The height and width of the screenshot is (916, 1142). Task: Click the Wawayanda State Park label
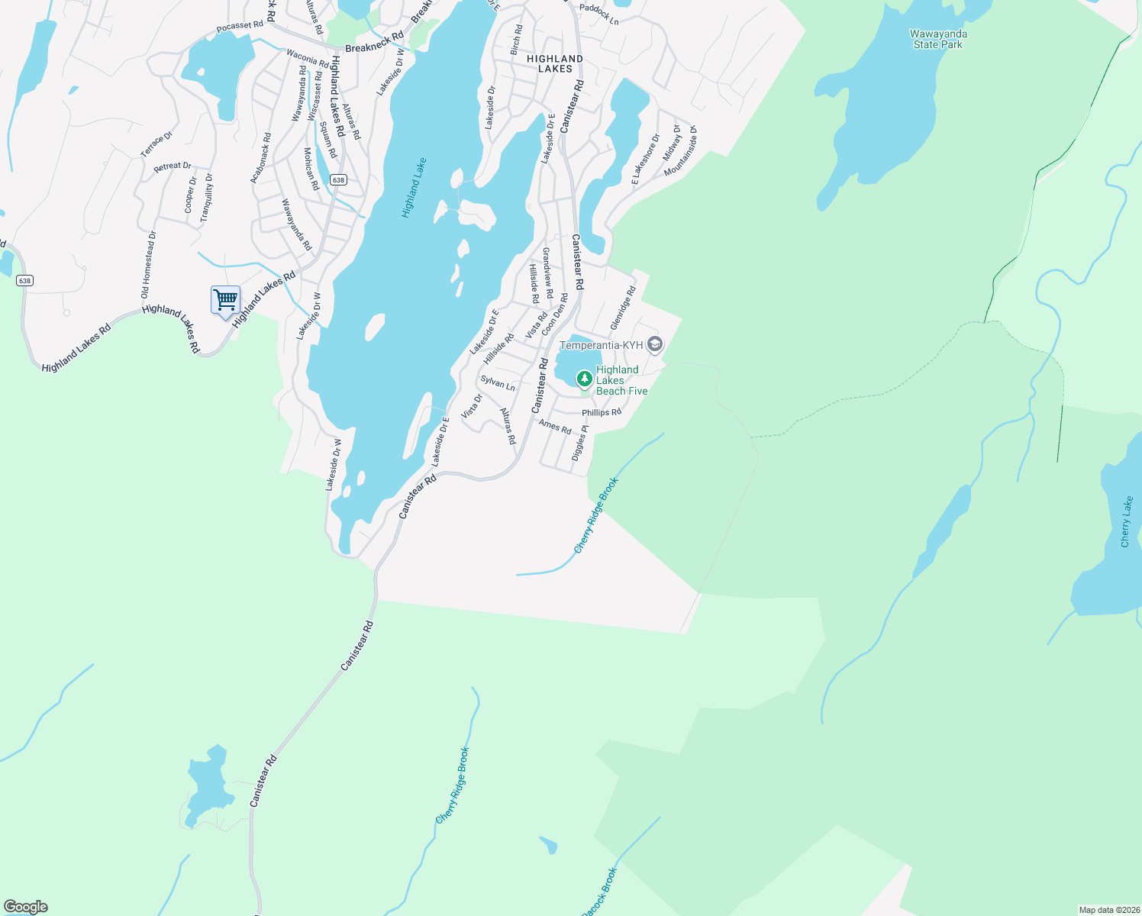(938, 39)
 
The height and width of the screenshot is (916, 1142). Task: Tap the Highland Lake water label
(414, 188)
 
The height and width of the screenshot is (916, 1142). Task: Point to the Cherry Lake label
(1126, 521)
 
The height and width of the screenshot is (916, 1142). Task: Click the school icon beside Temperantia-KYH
(654, 344)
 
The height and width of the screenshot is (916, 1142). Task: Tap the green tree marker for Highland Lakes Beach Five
(584, 379)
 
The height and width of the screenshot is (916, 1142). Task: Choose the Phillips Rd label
(602, 412)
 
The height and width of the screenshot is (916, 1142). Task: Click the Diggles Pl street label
(580, 443)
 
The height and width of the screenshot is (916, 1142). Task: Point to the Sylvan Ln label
(498, 382)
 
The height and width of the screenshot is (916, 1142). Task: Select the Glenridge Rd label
(623, 308)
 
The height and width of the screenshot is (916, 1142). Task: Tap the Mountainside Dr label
(681, 151)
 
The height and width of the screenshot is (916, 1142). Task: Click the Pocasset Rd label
(240, 26)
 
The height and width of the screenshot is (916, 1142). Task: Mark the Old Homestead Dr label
(147, 264)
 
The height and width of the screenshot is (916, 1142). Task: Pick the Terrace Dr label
(156, 144)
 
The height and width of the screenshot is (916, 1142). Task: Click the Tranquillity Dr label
(207, 198)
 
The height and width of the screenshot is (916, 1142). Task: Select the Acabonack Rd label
(261, 158)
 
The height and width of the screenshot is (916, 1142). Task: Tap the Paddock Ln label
(599, 15)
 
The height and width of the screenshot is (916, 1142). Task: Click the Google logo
(25, 907)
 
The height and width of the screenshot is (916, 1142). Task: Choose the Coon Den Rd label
(554, 314)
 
